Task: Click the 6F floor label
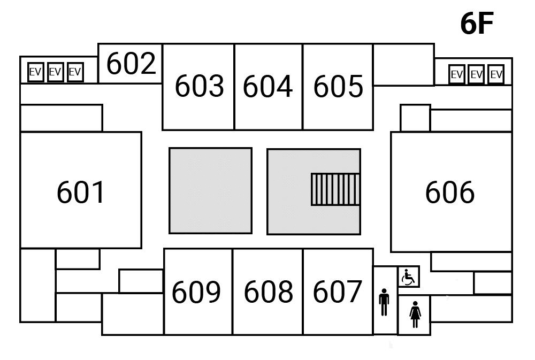[x=476, y=24]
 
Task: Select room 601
[x=81, y=193]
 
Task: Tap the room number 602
[x=131, y=64]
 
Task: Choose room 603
[x=198, y=87]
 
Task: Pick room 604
[x=268, y=87]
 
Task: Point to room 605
[x=338, y=87]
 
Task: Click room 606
[x=450, y=193]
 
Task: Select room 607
[x=338, y=292]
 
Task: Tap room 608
[x=268, y=292]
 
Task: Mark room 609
[x=196, y=292]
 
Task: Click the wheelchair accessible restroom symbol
[x=409, y=277]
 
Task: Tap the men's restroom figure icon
[x=384, y=303]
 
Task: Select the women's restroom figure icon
[x=415, y=315]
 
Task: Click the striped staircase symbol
[x=335, y=189]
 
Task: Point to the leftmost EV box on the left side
[x=35, y=72]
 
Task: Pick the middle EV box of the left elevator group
[x=55, y=72]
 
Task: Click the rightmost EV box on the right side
[x=496, y=74]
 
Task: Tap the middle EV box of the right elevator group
[x=476, y=74]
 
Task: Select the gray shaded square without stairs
[x=210, y=191]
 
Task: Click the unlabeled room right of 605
[x=403, y=64]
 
